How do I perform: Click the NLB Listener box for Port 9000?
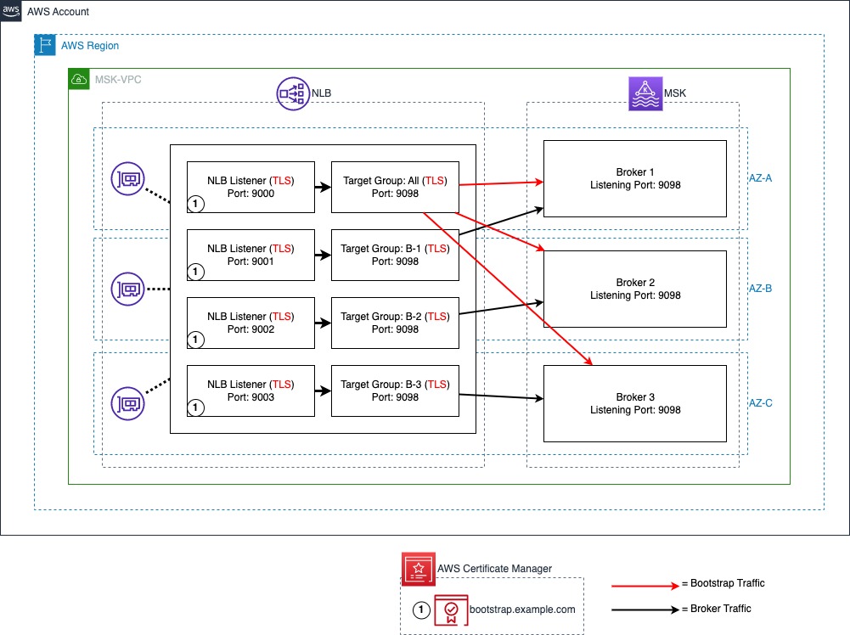pyautogui.click(x=250, y=187)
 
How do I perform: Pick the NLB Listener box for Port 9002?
pyautogui.click(x=250, y=323)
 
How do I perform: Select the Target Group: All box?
pyautogui.click(x=395, y=187)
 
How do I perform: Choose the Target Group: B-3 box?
pyautogui.click(x=395, y=391)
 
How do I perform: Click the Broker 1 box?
pyautogui.click(x=635, y=178)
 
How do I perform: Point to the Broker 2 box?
pyautogui.click(x=635, y=289)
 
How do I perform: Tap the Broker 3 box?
pyautogui.click(x=635, y=403)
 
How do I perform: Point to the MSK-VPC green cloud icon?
pyautogui.click(x=79, y=80)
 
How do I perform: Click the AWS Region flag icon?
pyautogui.click(x=45, y=46)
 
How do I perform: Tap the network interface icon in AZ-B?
pyautogui.click(x=127, y=289)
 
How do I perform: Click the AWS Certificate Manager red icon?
pyautogui.click(x=418, y=568)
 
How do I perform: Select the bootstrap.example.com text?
pyautogui.click(x=521, y=610)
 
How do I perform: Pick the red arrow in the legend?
pyautogui.click(x=641, y=584)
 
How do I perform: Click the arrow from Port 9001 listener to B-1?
pyautogui.click(x=323, y=254)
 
